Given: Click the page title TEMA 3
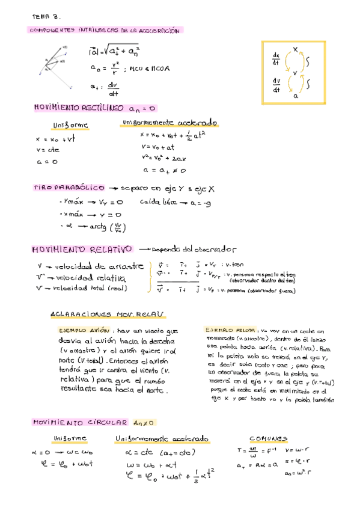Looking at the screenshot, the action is click(x=46, y=17).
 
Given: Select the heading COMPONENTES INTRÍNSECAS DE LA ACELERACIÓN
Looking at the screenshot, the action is click(x=105, y=30).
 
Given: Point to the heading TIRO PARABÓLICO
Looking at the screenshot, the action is click(x=69, y=188).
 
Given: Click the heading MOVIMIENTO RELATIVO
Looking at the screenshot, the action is click(x=82, y=250).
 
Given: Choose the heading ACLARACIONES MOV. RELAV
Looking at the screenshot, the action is click(x=109, y=315).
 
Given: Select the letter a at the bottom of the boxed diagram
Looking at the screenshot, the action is click(x=295, y=95).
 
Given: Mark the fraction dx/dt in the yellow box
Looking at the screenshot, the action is click(x=276, y=58).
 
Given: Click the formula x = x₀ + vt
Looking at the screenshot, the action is click(x=55, y=139).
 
